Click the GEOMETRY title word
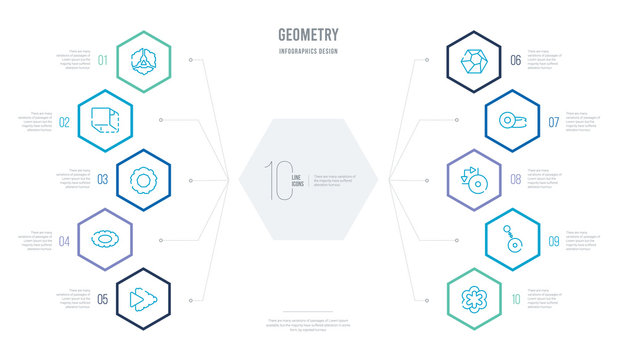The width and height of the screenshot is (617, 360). (308, 33)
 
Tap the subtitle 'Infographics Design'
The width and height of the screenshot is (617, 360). (308, 50)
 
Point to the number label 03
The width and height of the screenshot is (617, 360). (103, 181)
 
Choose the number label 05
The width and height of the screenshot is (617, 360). (103, 298)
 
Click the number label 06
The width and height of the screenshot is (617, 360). (515, 61)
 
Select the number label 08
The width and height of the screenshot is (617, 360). (515, 181)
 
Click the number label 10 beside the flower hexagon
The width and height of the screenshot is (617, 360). (515, 298)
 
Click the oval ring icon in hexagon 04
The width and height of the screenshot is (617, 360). (102, 240)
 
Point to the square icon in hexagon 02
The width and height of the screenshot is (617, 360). (102, 122)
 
